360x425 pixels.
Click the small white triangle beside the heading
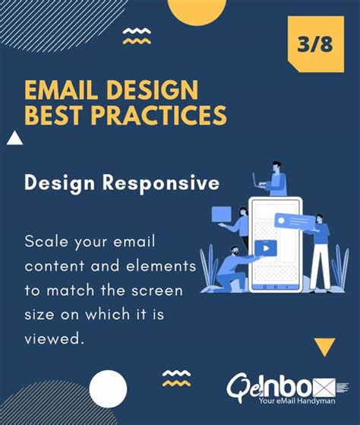click(13, 138)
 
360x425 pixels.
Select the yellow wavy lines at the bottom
click(176, 378)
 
